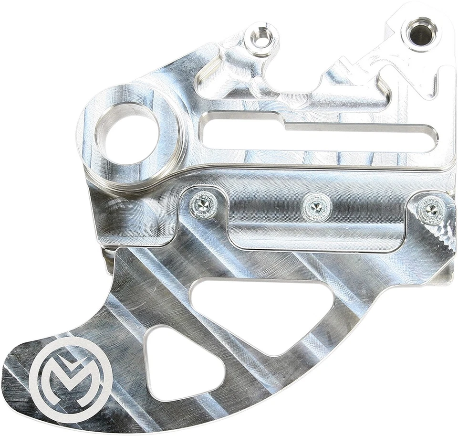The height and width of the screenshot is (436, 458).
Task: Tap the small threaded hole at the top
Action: pyautogui.click(x=261, y=38)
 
